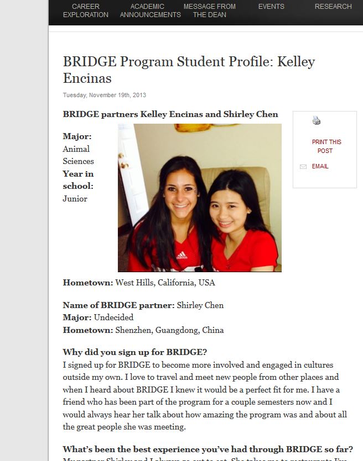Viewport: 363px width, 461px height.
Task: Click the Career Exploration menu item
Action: click(x=85, y=10)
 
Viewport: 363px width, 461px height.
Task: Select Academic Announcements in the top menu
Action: click(x=150, y=10)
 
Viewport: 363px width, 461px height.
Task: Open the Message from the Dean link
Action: click(x=209, y=10)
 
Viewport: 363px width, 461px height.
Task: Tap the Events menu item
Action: click(x=271, y=7)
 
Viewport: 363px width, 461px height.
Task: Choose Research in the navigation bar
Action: click(x=333, y=7)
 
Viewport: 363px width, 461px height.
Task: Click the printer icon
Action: click(x=317, y=120)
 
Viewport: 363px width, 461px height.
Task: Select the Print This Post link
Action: click(x=326, y=146)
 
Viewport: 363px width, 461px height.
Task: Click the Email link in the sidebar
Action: click(x=320, y=166)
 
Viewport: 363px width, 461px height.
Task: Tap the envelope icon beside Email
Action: click(x=303, y=167)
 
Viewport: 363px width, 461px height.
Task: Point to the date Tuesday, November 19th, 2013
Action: click(x=104, y=95)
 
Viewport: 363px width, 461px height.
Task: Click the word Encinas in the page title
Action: click(x=87, y=78)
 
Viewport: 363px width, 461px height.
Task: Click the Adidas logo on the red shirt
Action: click(x=181, y=256)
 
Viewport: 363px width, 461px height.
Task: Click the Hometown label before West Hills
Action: click(x=88, y=283)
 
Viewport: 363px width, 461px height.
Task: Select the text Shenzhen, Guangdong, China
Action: click(x=169, y=330)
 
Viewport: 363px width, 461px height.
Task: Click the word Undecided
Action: click(x=113, y=317)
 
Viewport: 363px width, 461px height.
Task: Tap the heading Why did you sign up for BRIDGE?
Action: click(x=134, y=352)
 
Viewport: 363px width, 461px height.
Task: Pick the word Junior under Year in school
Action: click(x=75, y=199)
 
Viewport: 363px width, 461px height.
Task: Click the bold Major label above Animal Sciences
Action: click(x=77, y=136)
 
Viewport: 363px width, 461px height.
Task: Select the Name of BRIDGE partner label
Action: click(x=118, y=305)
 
